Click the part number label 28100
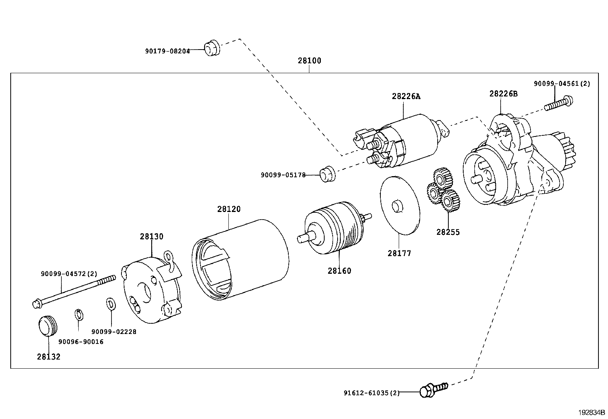309,61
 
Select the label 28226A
406,96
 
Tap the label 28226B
503,93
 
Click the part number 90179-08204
167,51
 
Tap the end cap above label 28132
47,326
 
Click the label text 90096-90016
81,342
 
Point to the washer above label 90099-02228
111,304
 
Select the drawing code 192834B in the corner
592,413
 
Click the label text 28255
448,232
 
